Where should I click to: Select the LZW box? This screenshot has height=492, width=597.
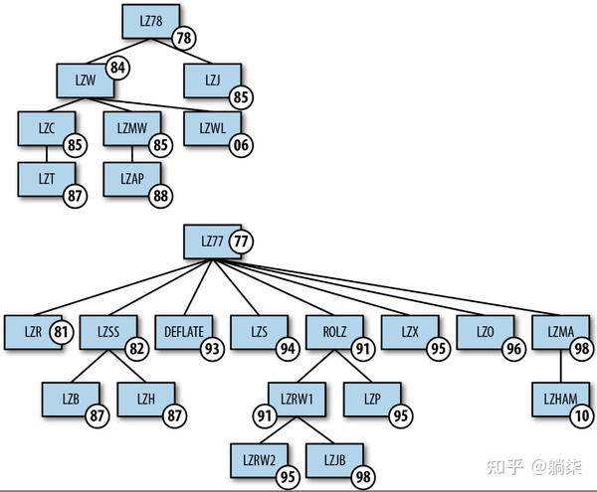point(84,78)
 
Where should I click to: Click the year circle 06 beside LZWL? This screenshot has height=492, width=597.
point(240,145)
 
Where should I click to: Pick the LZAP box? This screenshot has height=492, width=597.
point(131,179)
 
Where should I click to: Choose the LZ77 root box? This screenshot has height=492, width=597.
point(209,240)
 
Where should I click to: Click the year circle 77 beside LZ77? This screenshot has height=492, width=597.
point(240,241)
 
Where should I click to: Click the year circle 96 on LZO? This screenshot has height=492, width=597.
point(513,349)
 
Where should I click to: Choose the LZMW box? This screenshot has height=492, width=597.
point(131,128)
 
